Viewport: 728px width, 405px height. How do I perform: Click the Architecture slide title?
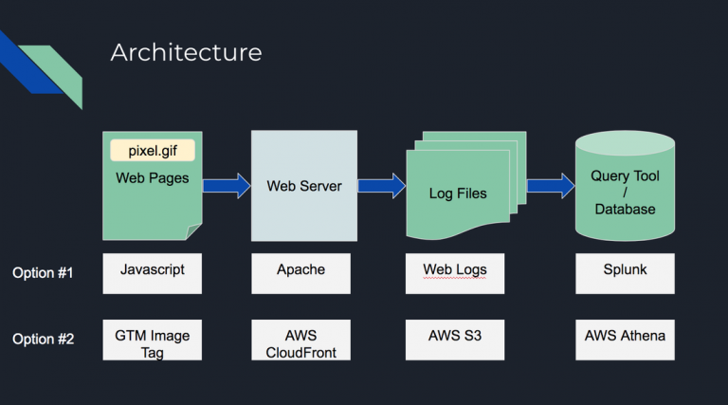[x=186, y=52]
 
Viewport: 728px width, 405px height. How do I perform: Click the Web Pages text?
[x=152, y=178]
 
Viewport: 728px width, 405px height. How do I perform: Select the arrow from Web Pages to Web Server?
[x=226, y=185]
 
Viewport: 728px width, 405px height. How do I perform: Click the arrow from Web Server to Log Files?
[x=381, y=185]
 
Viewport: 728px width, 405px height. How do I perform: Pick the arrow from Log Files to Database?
[x=550, y=185]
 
